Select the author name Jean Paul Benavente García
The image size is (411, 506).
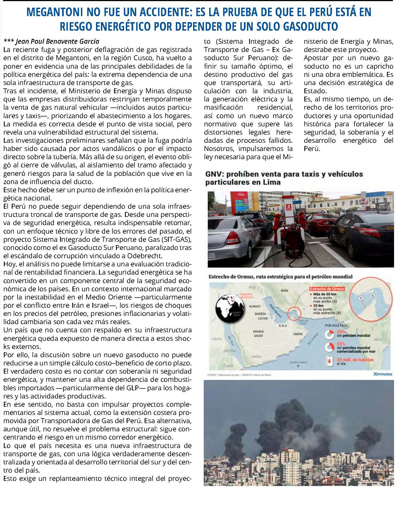(x=57, y=41)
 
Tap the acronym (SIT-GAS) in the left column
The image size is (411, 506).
(x=176, y=239)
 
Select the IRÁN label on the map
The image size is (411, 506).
(x=284, y=290)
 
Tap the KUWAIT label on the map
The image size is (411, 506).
(x=255, y=306)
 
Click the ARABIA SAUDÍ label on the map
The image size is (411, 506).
(x=258, y=333)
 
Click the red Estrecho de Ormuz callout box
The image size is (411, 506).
(x=327, y=289)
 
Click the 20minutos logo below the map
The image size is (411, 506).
(x=382, y=374)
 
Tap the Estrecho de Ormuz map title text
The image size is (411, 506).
(x=280, y=277)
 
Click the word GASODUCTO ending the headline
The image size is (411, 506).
(x=310, y=27)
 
